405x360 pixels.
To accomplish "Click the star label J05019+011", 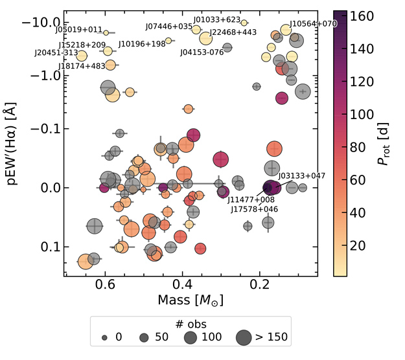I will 78,30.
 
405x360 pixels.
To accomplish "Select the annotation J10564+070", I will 313,24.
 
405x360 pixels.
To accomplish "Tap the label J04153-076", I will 202,52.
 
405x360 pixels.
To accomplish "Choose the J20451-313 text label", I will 56,53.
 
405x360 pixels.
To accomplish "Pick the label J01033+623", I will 217,20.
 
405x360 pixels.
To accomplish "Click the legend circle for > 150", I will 244,337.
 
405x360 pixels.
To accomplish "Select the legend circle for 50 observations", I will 144,337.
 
